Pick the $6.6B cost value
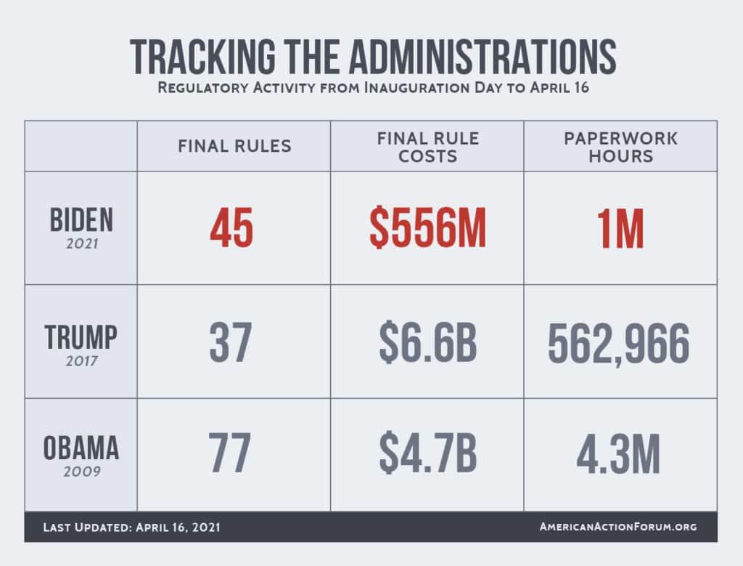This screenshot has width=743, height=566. [427, 343]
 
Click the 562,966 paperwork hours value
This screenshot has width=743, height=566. [619, 343]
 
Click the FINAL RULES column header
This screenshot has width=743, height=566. [234, 146]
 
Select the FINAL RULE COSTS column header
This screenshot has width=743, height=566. [427, 146]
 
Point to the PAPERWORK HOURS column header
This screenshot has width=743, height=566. [620, 146]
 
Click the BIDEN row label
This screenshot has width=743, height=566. [81, 219]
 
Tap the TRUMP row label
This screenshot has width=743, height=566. [81, 336]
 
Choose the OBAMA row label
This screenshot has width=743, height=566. [81, 448]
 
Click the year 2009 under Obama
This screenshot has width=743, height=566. [81, 472]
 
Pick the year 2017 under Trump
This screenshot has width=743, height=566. [81, 360]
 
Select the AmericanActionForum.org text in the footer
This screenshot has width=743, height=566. [617, 527]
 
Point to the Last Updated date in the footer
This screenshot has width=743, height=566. [131, 527]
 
